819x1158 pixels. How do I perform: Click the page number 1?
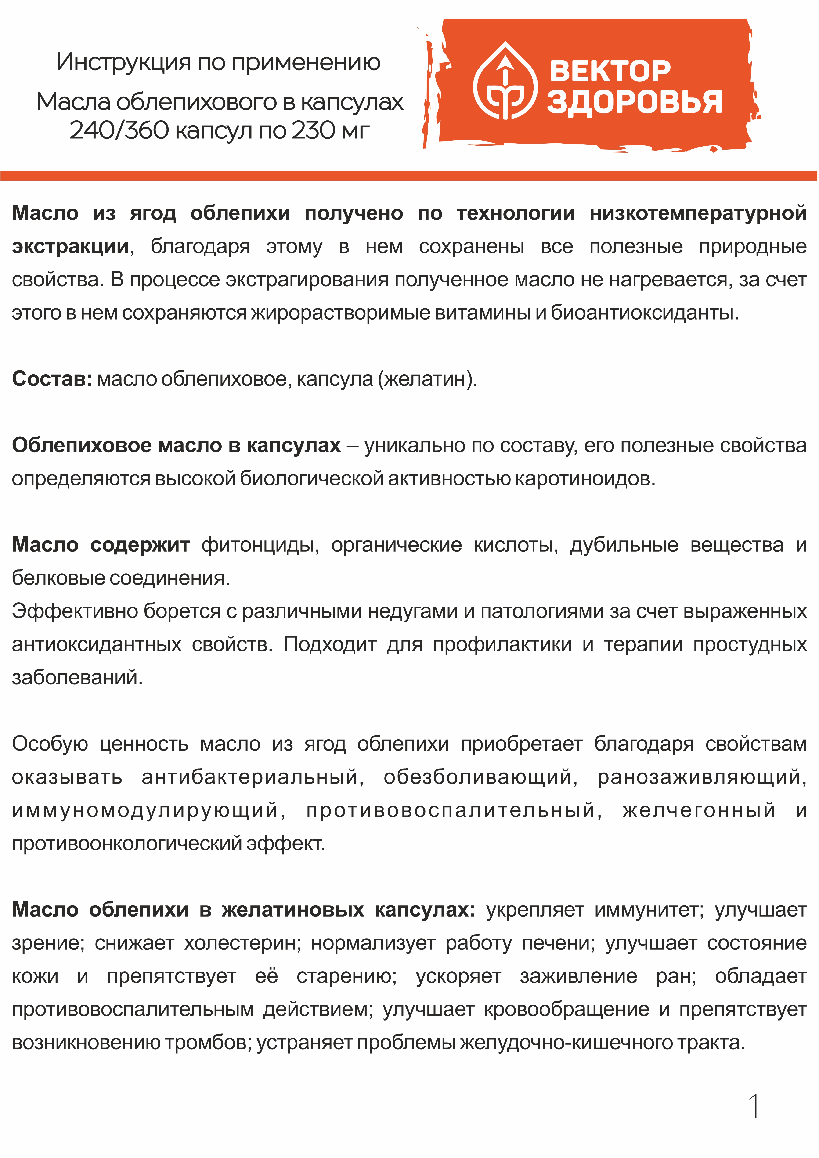[754, 1107]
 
